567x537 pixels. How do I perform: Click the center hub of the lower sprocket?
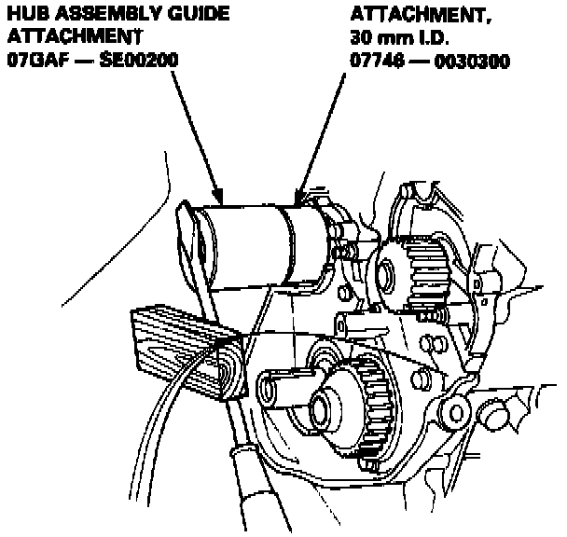[x=326, y=406]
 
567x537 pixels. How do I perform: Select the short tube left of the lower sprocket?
[x=280, y=390]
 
